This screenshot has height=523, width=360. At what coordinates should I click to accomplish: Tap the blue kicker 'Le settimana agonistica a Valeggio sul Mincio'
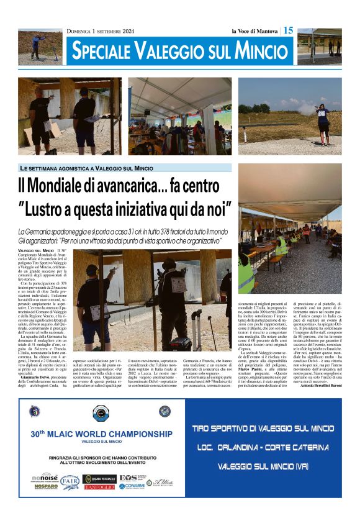point(86,168)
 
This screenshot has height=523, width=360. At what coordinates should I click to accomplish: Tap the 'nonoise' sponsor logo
point(45,477)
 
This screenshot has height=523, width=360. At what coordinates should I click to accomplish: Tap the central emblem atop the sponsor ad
point(100,412)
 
